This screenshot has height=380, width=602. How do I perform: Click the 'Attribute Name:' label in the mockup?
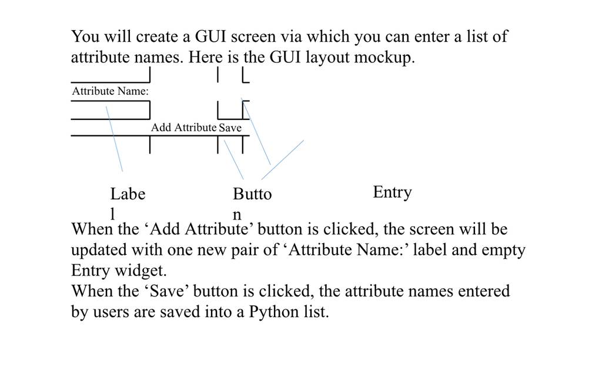110,91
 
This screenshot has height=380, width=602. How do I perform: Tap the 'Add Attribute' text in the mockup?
183,128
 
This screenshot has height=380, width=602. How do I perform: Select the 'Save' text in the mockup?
230,128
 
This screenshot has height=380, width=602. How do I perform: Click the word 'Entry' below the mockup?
392,192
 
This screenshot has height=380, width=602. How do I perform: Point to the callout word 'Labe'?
128,194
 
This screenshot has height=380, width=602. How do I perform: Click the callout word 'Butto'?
252,194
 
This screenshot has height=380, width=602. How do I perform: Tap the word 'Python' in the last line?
274,312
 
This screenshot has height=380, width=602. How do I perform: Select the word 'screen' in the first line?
253,37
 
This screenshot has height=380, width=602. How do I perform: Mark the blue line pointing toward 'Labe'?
115,139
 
